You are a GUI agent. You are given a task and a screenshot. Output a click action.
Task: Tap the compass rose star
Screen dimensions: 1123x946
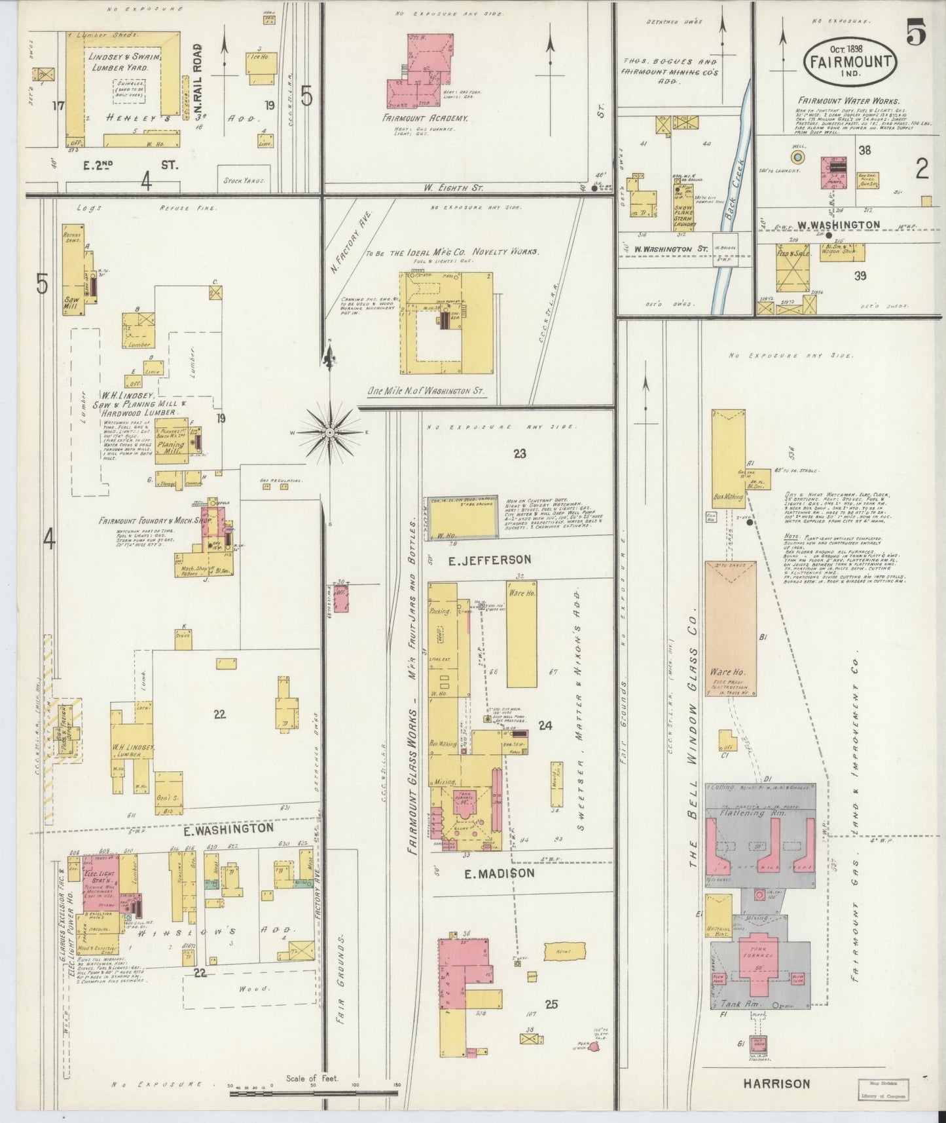(331, 433)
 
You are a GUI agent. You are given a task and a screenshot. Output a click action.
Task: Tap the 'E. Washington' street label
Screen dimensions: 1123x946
(228, 828)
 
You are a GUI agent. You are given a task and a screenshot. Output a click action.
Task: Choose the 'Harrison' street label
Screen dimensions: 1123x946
(776, 1084)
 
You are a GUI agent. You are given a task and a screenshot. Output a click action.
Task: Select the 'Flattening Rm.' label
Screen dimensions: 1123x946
(760, 812)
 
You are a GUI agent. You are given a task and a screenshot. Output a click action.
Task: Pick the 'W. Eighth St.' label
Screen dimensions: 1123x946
(454, 187)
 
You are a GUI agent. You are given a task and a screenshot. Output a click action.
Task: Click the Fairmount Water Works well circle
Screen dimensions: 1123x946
(797, 157)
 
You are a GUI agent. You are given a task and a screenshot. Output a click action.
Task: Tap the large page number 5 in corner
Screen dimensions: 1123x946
(915, 34)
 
